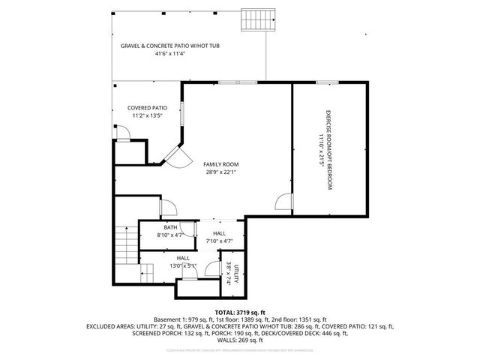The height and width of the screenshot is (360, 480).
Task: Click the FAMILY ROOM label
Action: (x=221, y=163)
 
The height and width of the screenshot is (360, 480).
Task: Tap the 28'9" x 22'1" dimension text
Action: (x=221, y=172)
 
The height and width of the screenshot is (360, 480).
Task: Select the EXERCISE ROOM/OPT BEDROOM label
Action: (x=328, y=151)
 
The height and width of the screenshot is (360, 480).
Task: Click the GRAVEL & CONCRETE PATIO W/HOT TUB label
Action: (x=170, y=46)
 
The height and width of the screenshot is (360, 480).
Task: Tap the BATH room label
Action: (x=170, y=227)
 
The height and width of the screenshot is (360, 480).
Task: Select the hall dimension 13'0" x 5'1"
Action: (x=182, y=265)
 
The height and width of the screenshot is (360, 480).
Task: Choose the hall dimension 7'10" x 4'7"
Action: (x=219, y=241)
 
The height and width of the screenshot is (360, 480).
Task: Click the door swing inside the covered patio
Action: (x=127, y=133)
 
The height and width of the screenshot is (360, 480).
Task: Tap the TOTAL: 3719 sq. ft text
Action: (x=239, y=312)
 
